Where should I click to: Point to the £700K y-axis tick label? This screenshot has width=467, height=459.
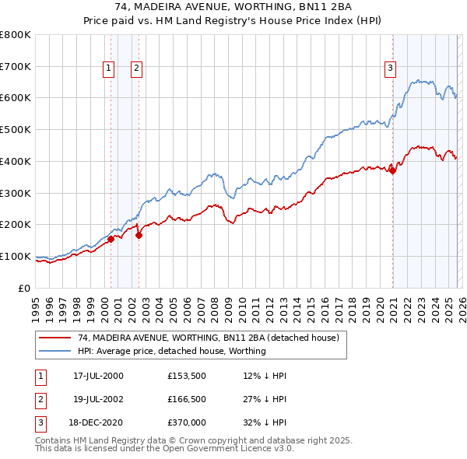point(16,66)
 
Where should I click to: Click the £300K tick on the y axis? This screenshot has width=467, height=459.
point(16,193)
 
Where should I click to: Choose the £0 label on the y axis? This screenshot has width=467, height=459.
point(25,288)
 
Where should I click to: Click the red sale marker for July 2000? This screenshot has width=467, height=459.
point(111,239)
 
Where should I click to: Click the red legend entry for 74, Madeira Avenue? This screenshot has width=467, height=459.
point(208,338)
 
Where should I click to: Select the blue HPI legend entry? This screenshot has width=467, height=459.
point(171,351)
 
